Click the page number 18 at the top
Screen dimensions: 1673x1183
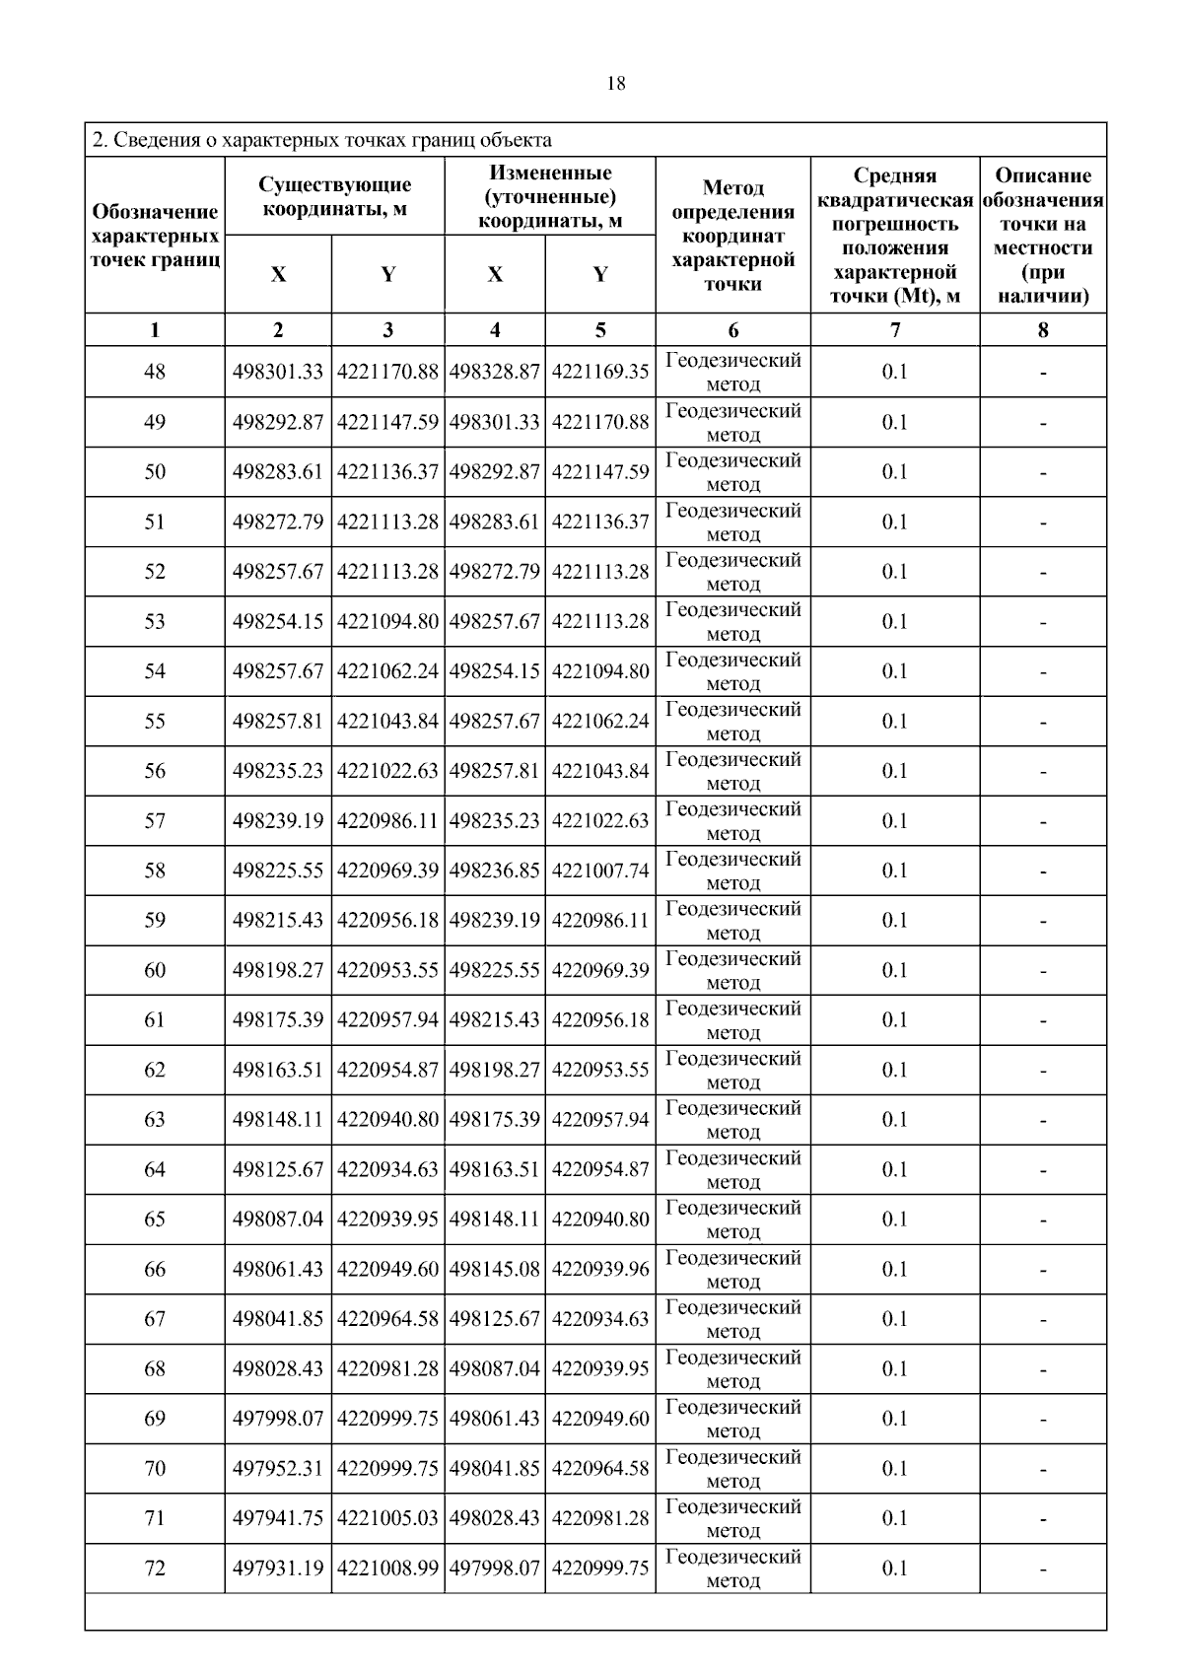615,84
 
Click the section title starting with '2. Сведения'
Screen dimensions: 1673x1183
321,140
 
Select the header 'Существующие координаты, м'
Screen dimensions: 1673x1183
335,196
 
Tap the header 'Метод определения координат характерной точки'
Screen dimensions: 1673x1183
732,236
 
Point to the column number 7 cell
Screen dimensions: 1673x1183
895,330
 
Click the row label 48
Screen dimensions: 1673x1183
155,372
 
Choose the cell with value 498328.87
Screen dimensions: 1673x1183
495,372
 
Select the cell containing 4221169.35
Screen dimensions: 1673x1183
600,372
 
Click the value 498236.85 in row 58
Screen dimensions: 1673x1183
495,871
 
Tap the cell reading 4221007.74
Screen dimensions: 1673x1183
600,871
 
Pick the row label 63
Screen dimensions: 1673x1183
155,1120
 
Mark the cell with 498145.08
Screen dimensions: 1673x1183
495,1270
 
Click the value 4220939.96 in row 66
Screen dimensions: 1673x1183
600,1270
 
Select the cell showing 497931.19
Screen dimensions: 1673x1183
278,1568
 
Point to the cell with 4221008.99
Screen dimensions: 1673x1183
387,1568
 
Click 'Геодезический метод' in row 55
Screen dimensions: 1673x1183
733,722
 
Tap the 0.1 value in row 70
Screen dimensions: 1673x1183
895,1469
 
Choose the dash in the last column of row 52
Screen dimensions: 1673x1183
1043,572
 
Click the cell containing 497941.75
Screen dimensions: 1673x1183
278,1519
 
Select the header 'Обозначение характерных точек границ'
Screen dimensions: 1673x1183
155,236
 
